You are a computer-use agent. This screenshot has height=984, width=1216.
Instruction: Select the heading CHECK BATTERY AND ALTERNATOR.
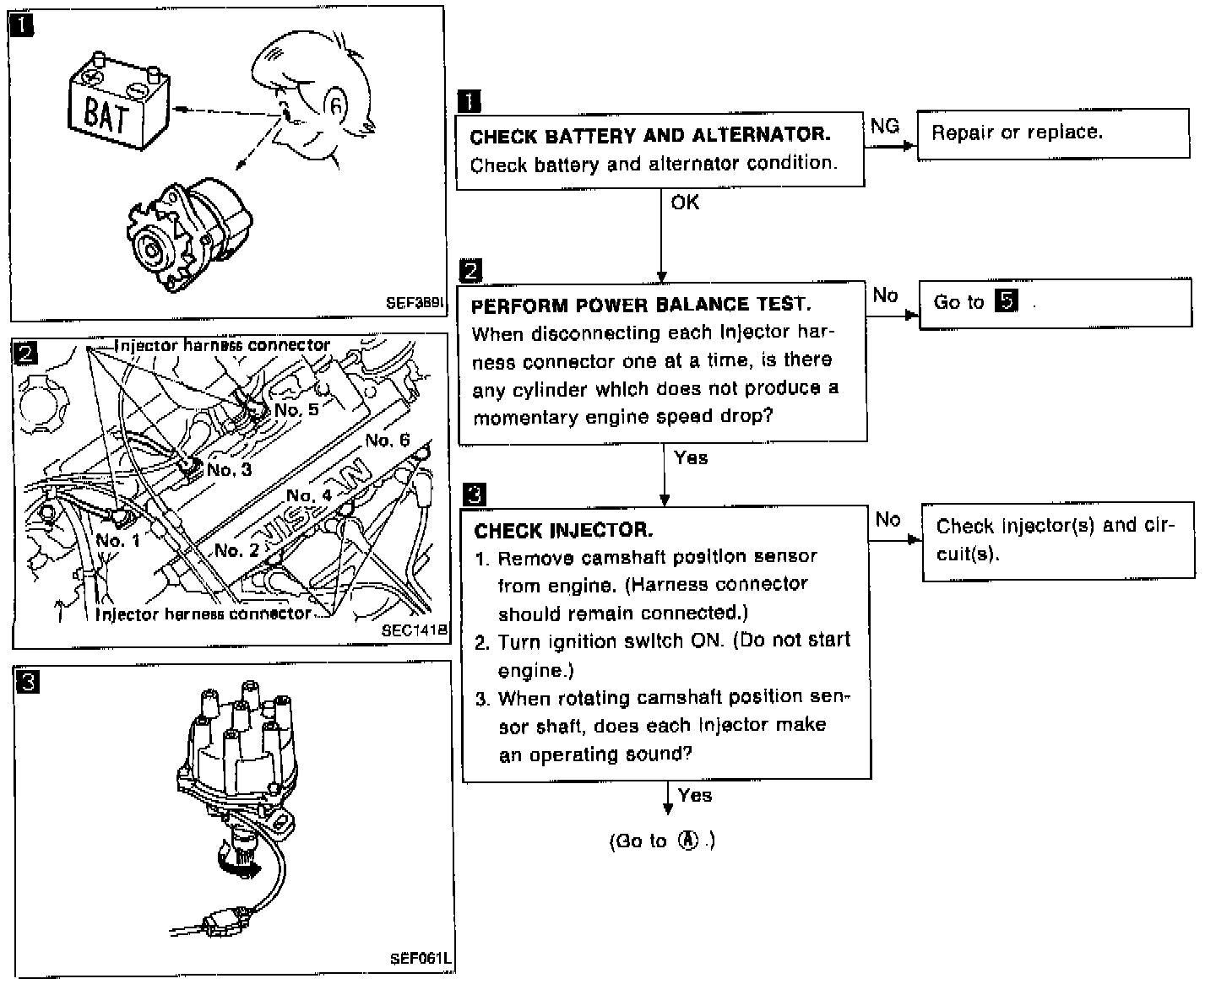pos(649,135)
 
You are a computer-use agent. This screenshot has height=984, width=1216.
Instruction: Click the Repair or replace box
pos(1052,133)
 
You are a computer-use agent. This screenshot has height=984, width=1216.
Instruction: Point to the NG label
pos(884,126)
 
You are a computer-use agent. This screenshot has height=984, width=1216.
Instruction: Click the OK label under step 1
pos(685,203)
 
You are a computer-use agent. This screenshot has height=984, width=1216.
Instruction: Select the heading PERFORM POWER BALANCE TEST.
pos(641,305)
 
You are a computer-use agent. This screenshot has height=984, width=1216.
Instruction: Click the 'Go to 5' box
pos(1054,302)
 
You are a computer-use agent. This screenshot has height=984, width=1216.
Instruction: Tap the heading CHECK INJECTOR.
pos(563,531)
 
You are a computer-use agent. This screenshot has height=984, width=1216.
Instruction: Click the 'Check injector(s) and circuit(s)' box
pos(1057,540)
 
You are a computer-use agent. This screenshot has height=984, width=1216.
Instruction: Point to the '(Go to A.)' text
pos(662,841)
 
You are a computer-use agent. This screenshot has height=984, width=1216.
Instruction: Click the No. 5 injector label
pos(296,410)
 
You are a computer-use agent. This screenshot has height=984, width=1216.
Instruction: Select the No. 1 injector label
pos(117,540)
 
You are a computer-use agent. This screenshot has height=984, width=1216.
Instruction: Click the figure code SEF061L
pos(420,959)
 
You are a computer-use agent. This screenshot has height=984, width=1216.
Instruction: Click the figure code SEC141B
pos(414,630)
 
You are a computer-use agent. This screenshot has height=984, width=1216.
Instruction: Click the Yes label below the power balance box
pos(691,458)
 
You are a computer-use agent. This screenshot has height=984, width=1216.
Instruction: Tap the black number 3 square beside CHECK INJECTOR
pos(475,495)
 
